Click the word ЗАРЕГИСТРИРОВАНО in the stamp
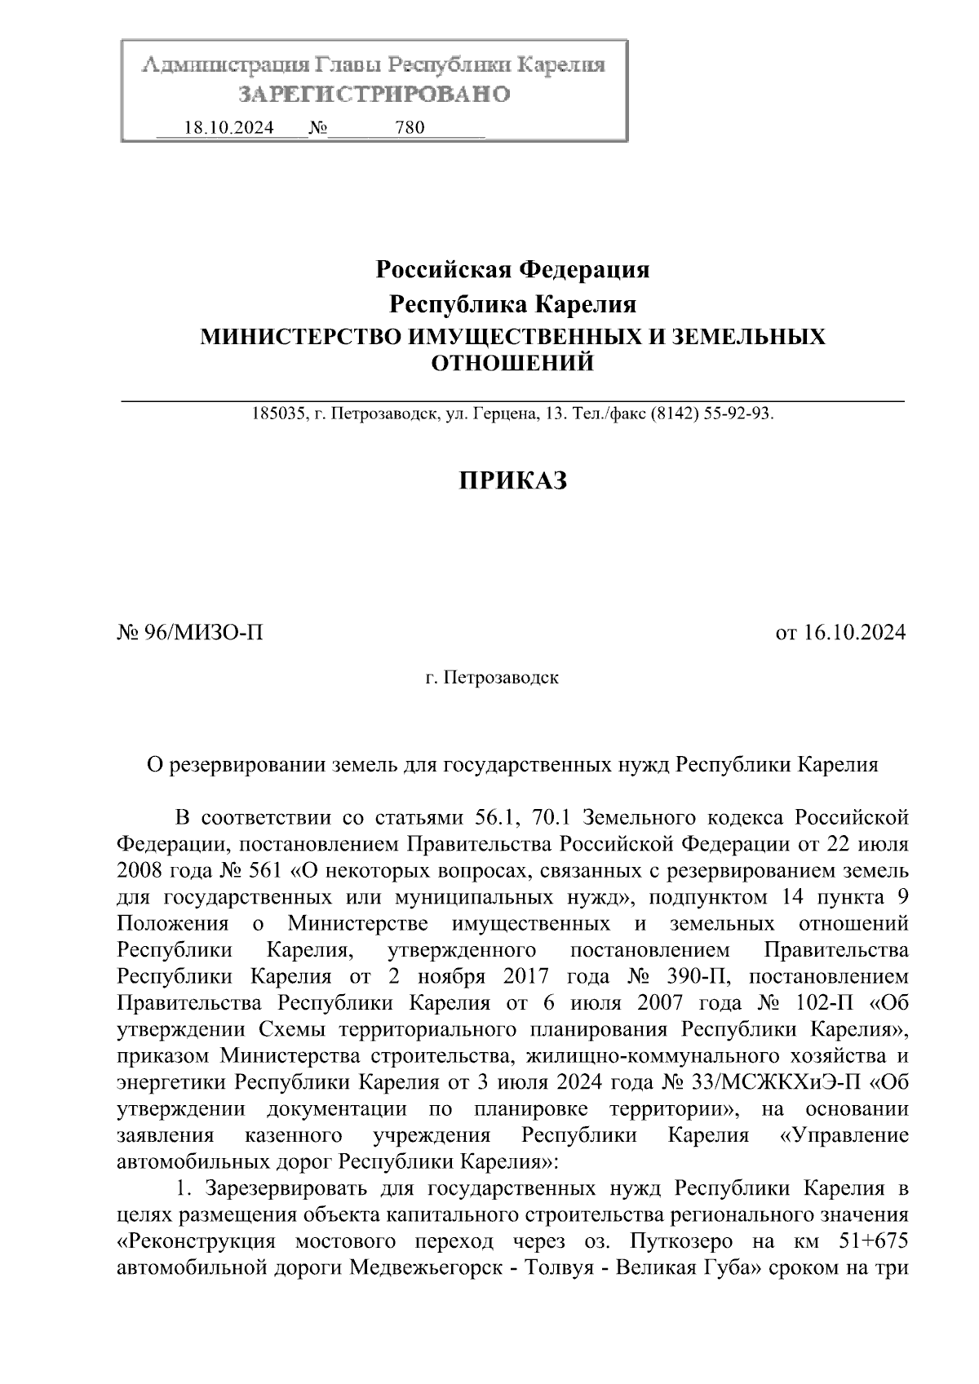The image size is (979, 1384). tap(374, 95)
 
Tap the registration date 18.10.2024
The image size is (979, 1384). tap(229, 128)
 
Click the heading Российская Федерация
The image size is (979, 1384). tap(512, 269)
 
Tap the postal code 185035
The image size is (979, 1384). tap(277, 414)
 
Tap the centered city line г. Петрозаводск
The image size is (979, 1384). tap(492, 678)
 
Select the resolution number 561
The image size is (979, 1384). tap(264, 870)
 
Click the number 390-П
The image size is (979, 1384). tap(701, 976)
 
